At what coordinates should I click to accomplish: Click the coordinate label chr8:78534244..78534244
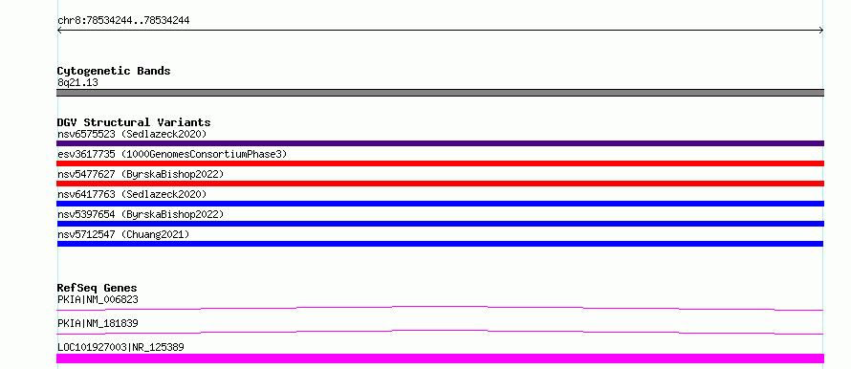(123, 21)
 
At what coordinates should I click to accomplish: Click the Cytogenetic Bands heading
(114, 71)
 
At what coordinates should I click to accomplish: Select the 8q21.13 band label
(77, 82)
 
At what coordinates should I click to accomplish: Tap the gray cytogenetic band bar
(440, 93)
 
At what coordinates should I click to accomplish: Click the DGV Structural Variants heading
(134, 122)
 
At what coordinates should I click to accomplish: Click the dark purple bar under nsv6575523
(440, 143)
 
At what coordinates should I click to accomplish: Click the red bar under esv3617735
(440, 163)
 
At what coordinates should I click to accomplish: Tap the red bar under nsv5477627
(440, 184)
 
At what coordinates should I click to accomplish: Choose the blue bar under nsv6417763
(440, 204)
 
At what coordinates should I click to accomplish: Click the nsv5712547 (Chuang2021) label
(123, 234)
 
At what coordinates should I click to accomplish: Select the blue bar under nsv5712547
(440, 244)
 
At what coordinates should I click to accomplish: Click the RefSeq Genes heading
(98, 288)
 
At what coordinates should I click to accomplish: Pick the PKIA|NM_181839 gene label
(98, 323)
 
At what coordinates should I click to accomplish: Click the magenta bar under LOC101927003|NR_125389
(440, 358)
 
